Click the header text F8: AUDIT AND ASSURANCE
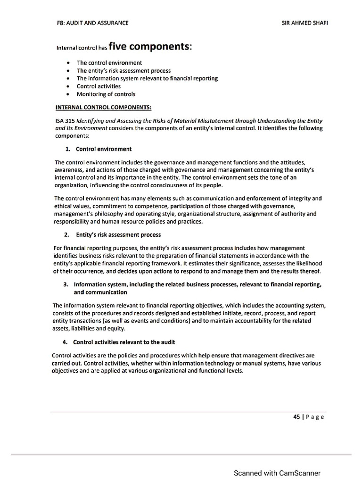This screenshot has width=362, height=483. tap(92, 22)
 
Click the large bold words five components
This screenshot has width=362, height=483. tap(150, 46)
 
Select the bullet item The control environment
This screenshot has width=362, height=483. tap(109, 63)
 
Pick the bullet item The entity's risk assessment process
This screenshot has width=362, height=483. tap(123, 71)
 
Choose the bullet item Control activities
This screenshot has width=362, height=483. tap(99, 86)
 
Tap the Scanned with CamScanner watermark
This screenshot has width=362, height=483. tap(277, 473)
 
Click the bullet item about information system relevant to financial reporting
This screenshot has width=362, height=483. tap(147, 78)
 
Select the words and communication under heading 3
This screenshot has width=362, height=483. tap(100, 292)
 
